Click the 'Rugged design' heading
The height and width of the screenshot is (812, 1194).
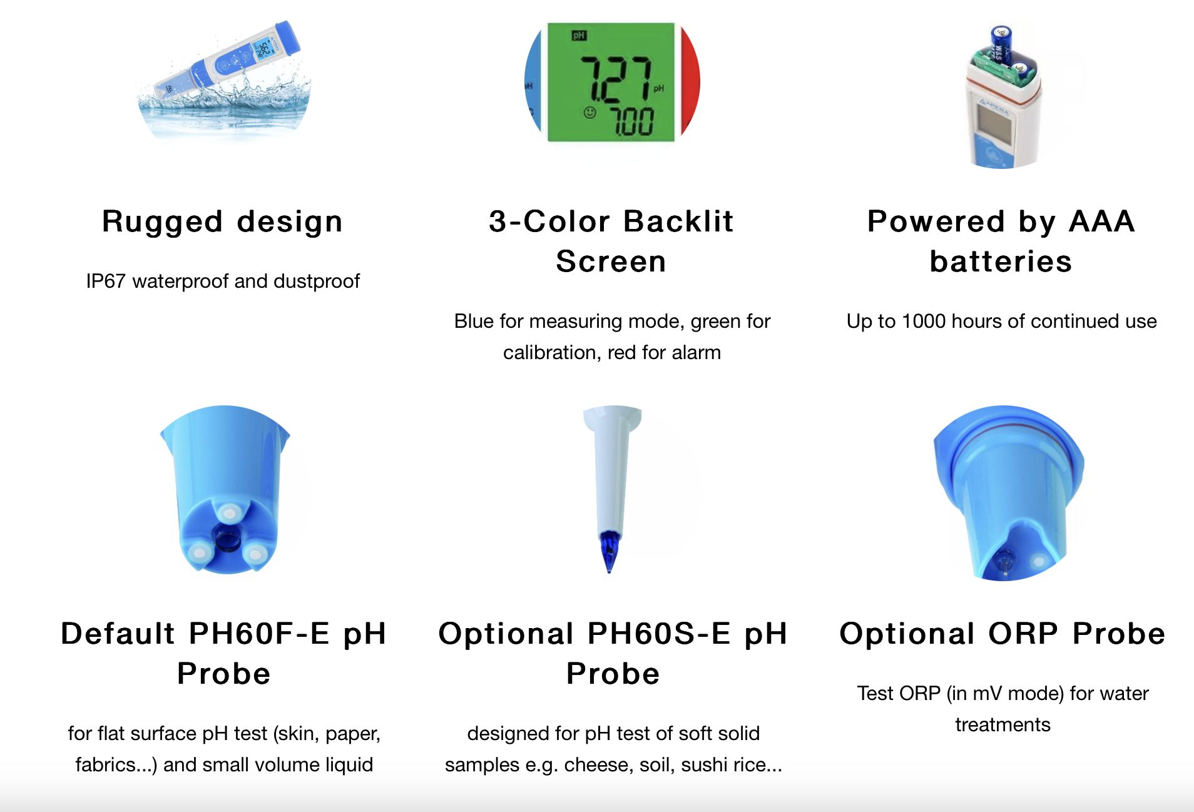tap(222, 222)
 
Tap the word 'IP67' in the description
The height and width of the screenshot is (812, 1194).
tap(106, 282)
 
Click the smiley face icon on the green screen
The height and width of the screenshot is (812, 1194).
tap(589, 113)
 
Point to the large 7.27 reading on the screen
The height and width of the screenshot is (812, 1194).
tap(617, 79)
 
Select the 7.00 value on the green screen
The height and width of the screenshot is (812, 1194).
tap(631, 121)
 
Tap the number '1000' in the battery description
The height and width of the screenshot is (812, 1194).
tap(924, 322)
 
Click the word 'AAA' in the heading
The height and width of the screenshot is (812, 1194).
tap(1101, 221)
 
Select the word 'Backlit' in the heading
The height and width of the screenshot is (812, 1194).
tap(678, 221)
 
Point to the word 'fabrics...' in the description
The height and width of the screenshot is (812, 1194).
tap(116, 765)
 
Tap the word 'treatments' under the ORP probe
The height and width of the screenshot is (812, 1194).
tap(1003, 725)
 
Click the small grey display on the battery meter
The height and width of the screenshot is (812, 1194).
tap(994, 123)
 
